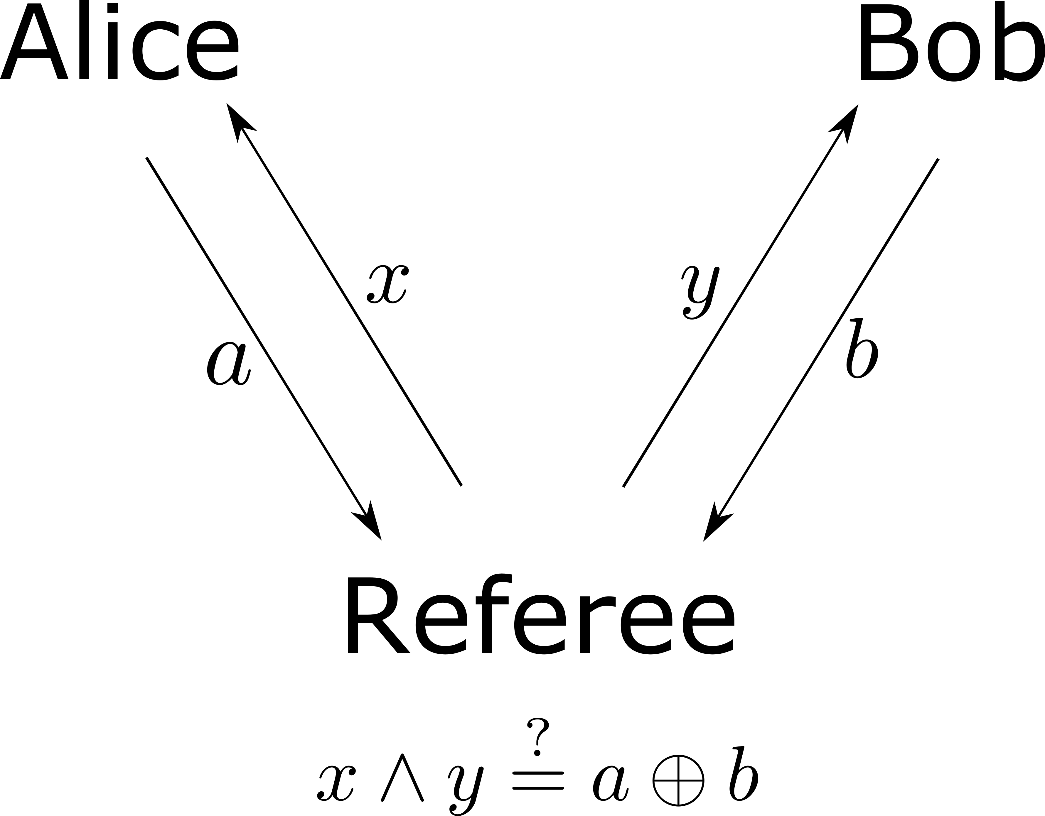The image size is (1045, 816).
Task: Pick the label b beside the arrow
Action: click(861, 349)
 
